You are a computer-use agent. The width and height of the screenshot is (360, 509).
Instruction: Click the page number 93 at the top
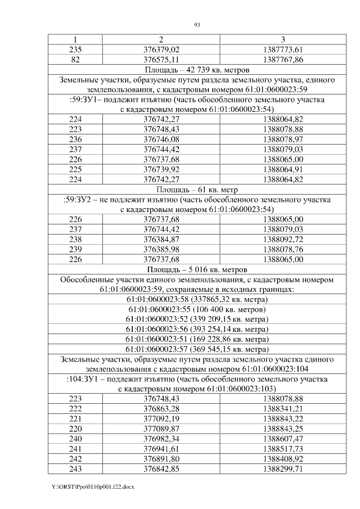pos(197,25)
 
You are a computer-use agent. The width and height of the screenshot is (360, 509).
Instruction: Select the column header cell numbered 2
pos(161,39)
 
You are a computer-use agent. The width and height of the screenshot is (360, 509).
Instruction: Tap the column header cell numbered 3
pos(282,39)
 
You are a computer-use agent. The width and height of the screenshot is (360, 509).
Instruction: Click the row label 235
pos(74,49)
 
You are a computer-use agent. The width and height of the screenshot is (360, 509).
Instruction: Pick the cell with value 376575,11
pos(161,59)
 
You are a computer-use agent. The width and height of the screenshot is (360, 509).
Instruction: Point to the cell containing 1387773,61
pos(282,49)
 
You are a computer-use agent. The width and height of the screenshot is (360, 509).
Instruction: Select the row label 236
pos(74,139)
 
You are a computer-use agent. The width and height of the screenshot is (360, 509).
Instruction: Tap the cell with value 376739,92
pos(161,169)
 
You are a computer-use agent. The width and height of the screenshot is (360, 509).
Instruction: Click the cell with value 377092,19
pos(161,419)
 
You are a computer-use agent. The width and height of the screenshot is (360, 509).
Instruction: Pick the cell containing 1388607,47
pos(282,439)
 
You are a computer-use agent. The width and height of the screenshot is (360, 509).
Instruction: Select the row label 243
pos(74,469)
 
